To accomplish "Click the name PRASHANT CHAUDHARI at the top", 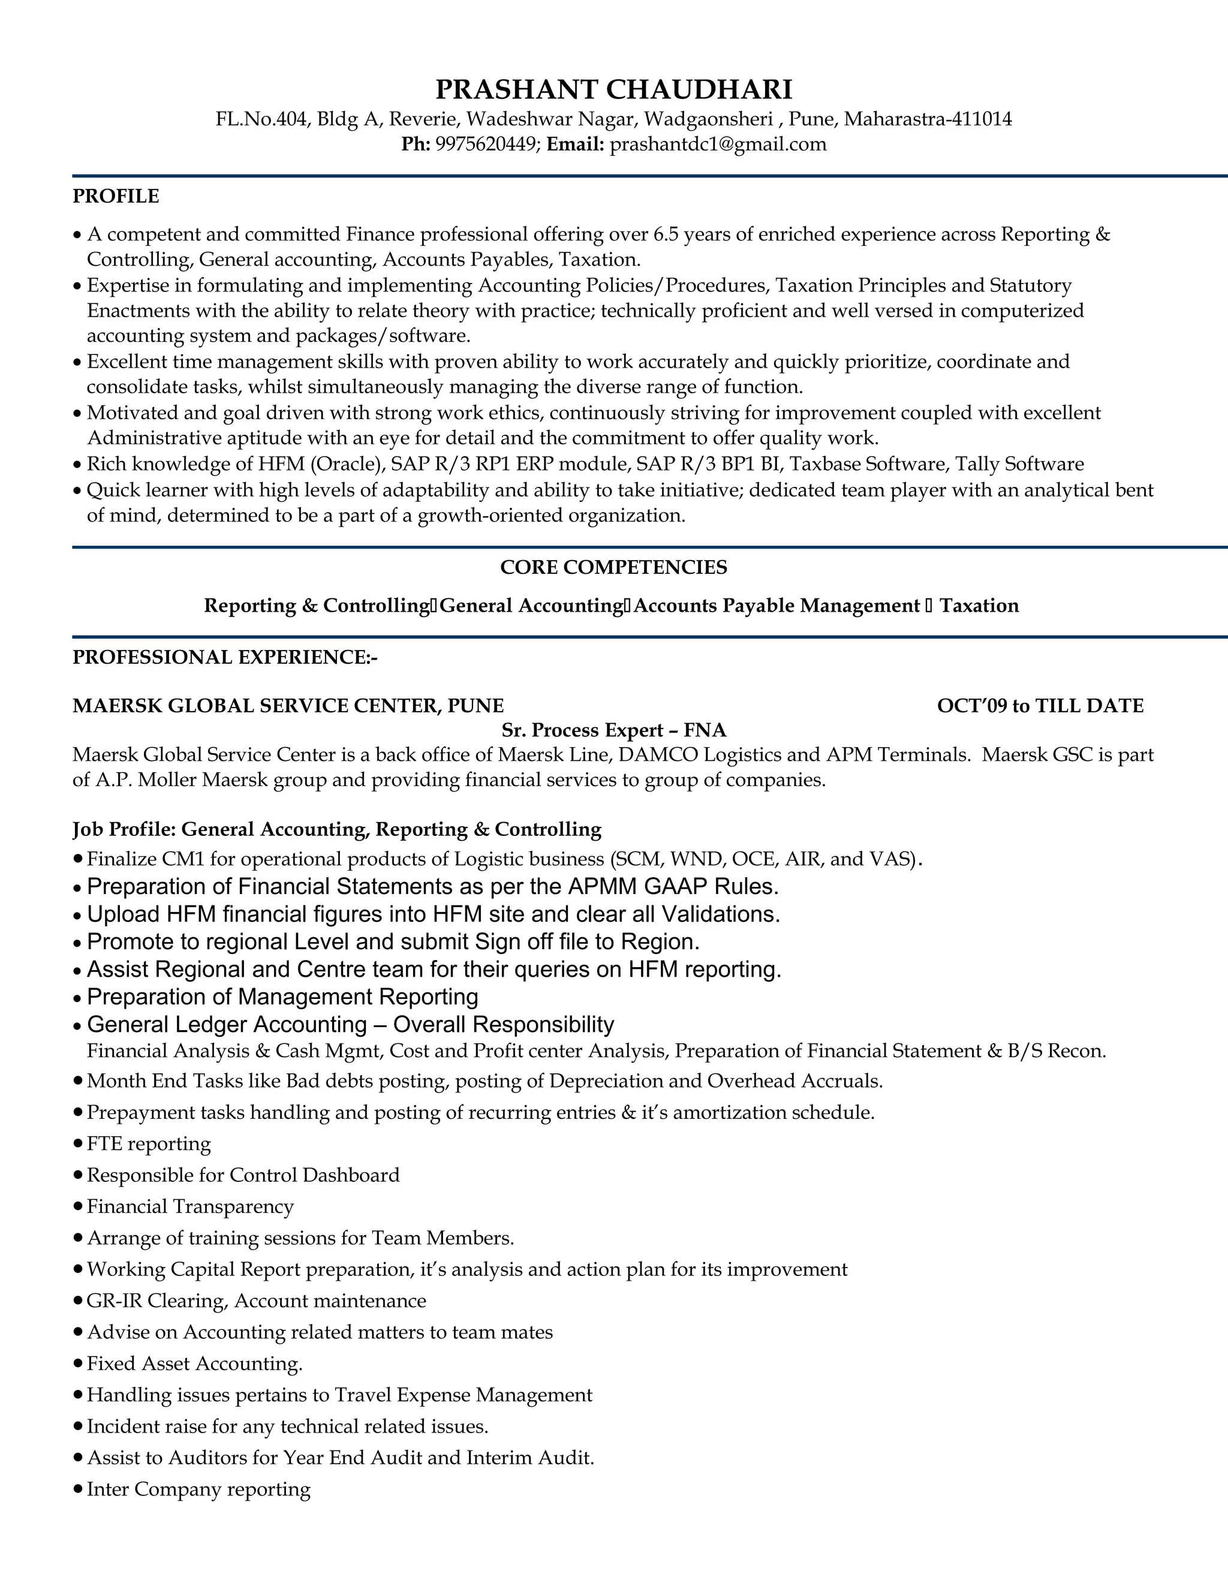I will click(x=613, y=89).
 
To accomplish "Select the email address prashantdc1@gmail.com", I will click(x=717, y=144).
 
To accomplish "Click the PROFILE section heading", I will click(x=116, y=197).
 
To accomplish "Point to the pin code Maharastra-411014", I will click(x=928, y=119).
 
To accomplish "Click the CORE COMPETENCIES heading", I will click(x=613, y=567).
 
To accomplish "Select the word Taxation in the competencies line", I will click(x=979, y=606).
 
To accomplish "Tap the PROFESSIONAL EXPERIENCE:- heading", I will click(x=225, y=658).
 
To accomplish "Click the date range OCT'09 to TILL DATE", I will click(x=1040, y=706).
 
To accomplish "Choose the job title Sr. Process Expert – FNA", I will click(x=613, y=730).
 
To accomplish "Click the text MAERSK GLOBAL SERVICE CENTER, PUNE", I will click(x=288, y=706).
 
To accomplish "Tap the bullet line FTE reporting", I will click(x=149, y=1143).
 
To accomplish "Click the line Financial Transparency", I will click(x=190, y=1206).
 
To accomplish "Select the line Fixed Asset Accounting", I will click(x=194, y=1364).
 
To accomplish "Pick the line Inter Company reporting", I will click(x=198, y=1489).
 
